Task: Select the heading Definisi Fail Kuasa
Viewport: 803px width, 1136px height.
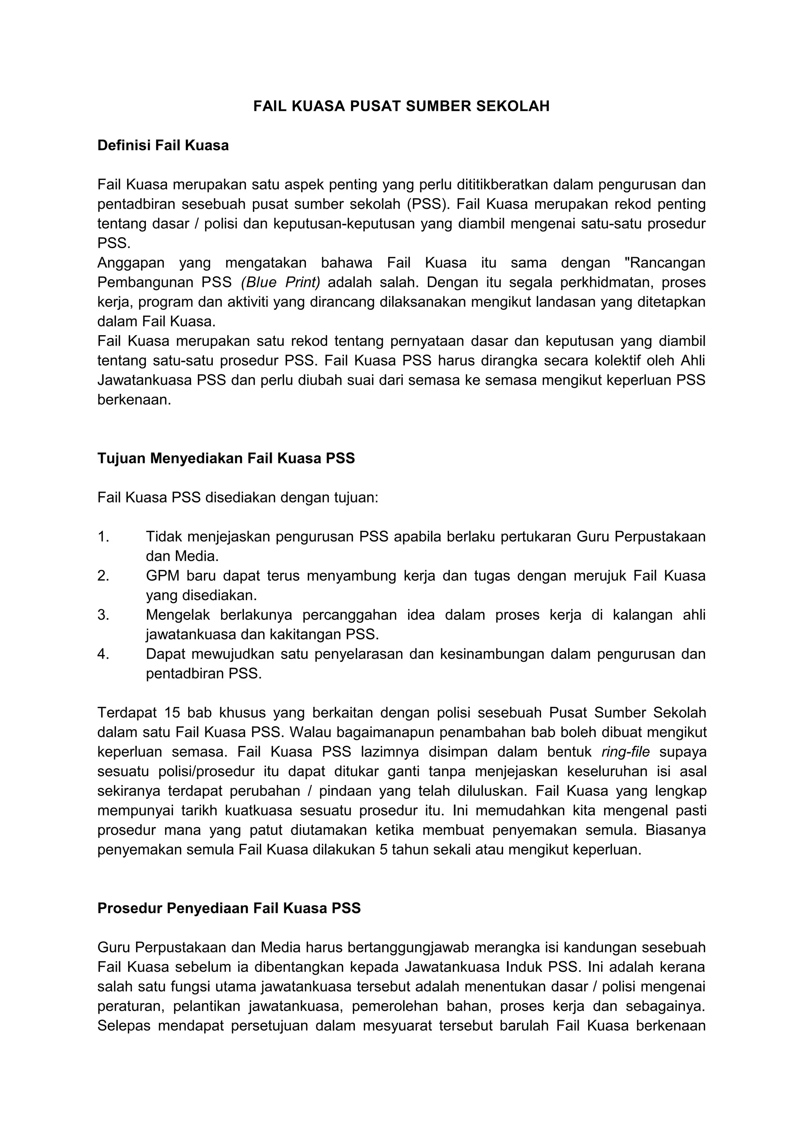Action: tap(163, 145)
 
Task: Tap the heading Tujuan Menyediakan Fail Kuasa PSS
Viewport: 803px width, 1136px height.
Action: tap(226, 458)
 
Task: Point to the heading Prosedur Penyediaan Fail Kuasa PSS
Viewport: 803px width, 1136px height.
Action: tap(229, 908)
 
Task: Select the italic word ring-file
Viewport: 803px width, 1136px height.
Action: tap(625, 751)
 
